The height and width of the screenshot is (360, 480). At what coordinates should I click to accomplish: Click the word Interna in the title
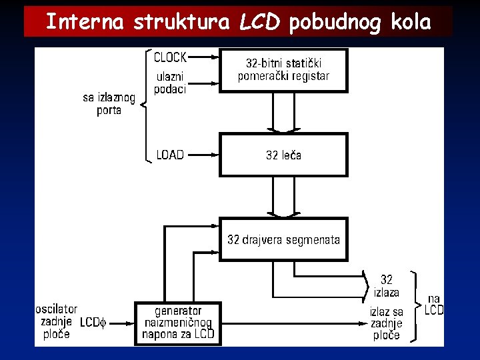pyautogui.click(x=85, y=22)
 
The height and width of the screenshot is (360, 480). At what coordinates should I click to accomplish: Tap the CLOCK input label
pyautogui.click(x=170, y=57)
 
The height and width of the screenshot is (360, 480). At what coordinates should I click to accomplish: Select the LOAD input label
pyautogui.click(x=170, y=155)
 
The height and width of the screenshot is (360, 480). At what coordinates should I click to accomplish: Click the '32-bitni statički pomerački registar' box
pyautogui.click(x=283, y=70)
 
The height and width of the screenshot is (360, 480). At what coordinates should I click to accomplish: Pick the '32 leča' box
pyautogui.click(x=283, y=155)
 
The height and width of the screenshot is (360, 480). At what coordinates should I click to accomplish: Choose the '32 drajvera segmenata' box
pyautogui.click(x=283, y=239)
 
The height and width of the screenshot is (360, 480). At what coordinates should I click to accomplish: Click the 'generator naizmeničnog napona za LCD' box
pyautogui.click(x=178, y=323)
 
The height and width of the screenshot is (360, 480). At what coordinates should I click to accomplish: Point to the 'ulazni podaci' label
pyautogui.click(x=169, y=83)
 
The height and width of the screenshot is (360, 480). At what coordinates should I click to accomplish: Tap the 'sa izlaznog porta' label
pyautogui.click(x=109, y=104)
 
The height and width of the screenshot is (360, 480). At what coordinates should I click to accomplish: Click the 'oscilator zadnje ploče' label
pyautogui.click(x=56, y=322)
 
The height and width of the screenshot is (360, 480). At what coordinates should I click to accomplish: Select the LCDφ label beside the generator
pyautogui.click(x=93, y=323)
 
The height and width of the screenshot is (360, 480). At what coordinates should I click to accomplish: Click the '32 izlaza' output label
pyautogui.click(x=386, y=286)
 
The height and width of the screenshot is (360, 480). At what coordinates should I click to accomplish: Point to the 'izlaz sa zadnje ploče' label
pyautogui.click(x=387, y=323)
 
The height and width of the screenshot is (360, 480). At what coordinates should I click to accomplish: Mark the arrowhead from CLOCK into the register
pyautogui.click(x=215, y=58)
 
